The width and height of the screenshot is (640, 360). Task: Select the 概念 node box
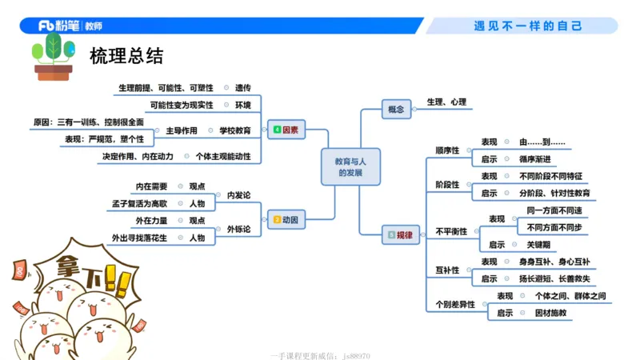396,109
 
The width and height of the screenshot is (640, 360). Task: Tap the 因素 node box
286,129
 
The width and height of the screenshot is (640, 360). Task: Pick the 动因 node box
286,218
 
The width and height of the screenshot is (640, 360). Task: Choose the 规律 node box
400,234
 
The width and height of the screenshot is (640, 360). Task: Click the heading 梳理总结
127,56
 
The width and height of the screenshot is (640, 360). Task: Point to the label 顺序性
447,150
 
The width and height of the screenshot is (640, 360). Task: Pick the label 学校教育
235,130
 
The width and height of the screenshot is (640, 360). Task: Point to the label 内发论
238,194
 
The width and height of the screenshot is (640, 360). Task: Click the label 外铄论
238,229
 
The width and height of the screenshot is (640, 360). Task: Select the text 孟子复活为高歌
140,203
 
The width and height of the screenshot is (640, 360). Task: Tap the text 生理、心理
446,102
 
